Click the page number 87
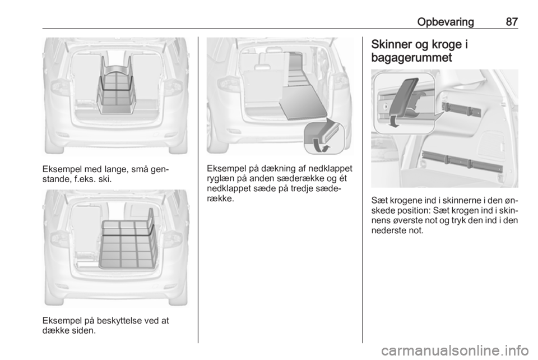click(x=512, y=22)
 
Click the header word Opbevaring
click(x=446, y=22)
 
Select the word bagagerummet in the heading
click(x=412, y=58)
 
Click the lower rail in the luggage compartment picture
click(x=461, y=161)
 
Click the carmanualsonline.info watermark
click(x=454, y=350)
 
